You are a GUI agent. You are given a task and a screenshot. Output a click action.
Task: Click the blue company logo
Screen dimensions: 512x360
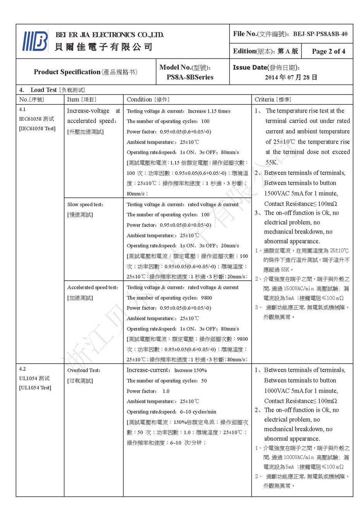coord(35,41)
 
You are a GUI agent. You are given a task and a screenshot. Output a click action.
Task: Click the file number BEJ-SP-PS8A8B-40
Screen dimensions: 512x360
coord(320,34)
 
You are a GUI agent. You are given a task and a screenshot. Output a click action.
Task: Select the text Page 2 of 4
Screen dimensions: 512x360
coord(328,51)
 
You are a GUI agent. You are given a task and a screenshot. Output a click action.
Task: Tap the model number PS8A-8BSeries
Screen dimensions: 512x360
coord(190,77)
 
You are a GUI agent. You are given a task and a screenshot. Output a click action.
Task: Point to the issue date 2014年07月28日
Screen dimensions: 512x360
coord(291,77)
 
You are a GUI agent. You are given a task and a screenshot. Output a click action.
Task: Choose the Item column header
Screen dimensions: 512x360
coord(82,99)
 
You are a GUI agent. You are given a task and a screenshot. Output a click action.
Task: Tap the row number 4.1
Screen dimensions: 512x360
coord(22,110)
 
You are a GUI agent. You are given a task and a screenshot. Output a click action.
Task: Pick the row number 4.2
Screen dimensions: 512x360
coord(22,369)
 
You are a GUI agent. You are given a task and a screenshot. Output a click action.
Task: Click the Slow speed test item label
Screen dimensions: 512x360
coord(85,204)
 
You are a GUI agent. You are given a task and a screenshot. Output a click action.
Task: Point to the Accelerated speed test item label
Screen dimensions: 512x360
coord(93,287)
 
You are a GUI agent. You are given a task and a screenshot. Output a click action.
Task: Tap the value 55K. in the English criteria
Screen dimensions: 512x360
coord(272,163)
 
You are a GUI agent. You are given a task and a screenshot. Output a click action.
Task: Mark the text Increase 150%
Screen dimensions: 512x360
coord(190,370)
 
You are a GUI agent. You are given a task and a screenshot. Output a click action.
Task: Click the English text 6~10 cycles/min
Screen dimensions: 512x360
coord(198,412)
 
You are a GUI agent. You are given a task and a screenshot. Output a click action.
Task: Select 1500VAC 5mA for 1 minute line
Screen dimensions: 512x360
coord(301,193)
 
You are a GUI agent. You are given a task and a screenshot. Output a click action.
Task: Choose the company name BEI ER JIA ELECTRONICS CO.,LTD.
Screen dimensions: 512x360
coord(110,35)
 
